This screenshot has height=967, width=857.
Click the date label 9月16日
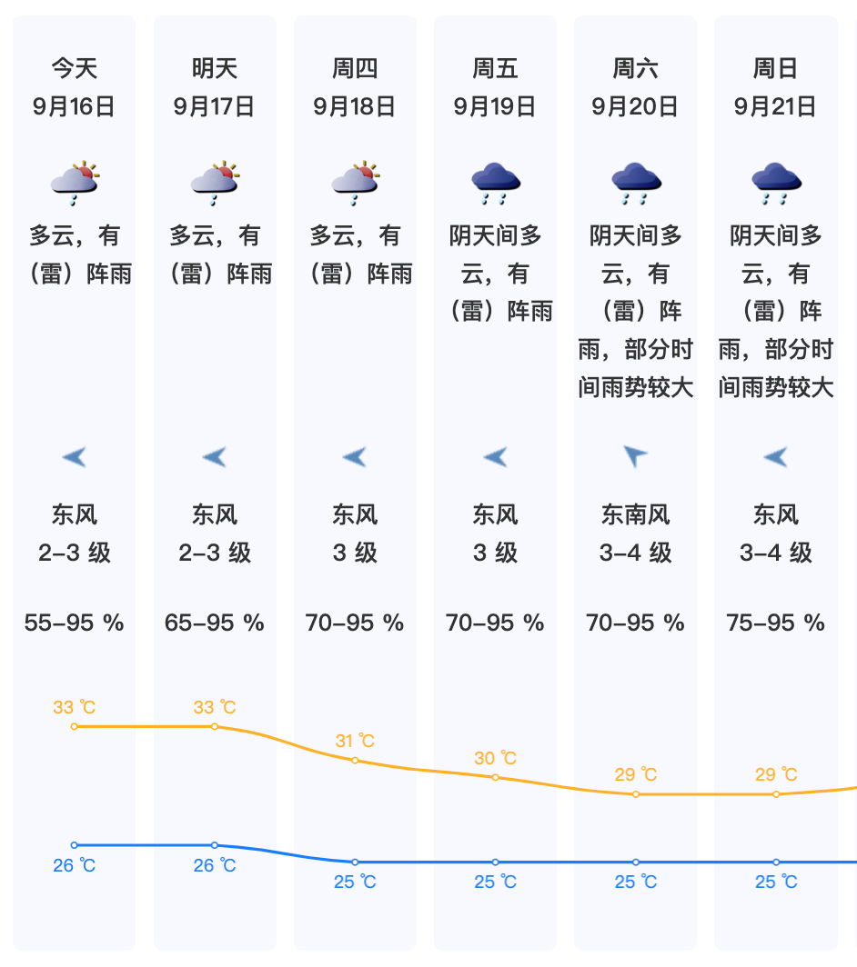pos(74,106)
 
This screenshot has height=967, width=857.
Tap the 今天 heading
pos(74,68)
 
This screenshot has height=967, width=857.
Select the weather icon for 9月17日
pos(215,182)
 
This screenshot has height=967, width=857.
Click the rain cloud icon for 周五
pos(495,183)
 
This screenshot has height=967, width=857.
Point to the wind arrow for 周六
pos(635,456)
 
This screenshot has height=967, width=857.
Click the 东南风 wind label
pos(635,515)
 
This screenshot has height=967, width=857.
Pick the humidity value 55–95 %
pos(74,623)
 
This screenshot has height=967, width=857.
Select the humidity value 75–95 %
pos(775,623)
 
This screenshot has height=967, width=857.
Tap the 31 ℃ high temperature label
pos(355,742)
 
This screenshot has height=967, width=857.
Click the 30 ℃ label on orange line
pos(495,758)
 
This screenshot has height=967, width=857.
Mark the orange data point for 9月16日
pos(75,726)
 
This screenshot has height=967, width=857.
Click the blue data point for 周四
pos(355,862)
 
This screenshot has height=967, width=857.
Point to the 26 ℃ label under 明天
pos(215,865)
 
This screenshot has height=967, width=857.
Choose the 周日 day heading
pos(775,68)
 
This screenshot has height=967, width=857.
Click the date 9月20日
pos(635,106)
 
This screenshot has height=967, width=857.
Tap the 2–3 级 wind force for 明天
pos(215,553)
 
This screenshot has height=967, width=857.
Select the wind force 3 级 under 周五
pos(495,553)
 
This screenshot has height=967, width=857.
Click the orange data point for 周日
pos(776,794)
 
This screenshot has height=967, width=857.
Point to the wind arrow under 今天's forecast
pos(74,456)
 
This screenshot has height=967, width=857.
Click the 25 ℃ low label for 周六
pos(635,882)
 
